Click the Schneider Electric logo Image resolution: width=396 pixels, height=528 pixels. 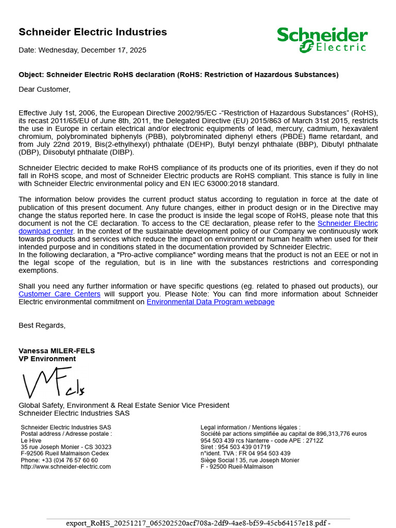tap(322, 40)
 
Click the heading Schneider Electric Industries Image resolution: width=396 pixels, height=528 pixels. tap(93, 32)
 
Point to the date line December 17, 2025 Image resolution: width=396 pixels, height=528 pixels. tap(82, 50)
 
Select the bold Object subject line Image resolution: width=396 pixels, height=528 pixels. tap(178, 75)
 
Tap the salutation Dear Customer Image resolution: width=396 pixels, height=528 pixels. tap(44, 89)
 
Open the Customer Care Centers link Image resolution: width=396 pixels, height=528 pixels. tap(59, 294)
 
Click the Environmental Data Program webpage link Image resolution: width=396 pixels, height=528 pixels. tap(210, 302)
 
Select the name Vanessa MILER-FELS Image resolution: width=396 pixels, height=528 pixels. tap(57, 351)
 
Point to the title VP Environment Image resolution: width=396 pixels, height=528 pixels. tap(47, 359)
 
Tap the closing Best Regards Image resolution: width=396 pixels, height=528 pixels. tap(42, 325)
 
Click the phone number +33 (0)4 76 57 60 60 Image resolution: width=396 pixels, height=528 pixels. tap(59, 460)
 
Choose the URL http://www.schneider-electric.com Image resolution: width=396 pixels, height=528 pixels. tap(65, 467)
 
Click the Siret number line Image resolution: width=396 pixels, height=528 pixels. tap(235, 447)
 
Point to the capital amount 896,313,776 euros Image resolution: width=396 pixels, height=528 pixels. tap(341, 434)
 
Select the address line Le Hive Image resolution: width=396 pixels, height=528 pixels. tap(31, 441)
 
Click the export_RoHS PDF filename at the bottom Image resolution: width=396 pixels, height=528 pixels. tap(198, 523)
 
